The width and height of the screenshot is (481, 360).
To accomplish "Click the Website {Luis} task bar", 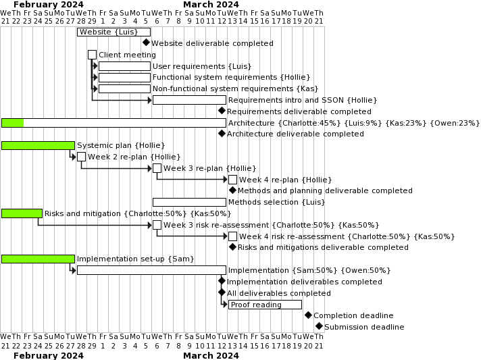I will pos(113,32).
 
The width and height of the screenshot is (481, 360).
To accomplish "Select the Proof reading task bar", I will pos(265,305).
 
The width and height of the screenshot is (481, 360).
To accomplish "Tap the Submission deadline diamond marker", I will pos(319,326).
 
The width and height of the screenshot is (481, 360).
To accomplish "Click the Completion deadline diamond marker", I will pos(308,315).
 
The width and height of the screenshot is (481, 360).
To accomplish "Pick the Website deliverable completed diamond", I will pos(146,43).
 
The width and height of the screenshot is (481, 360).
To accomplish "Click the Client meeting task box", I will pos(92,55).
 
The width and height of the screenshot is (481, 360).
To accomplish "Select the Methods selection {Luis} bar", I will pos(189,202).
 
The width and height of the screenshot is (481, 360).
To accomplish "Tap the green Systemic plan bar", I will pos(38,145).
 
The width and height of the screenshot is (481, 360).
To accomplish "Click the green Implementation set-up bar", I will pos(38,259).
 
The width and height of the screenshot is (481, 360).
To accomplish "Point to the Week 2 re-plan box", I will pos(81,157).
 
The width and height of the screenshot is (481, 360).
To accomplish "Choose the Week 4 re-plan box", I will pos(232,180).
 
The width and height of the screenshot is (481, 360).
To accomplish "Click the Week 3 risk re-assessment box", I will pos(157,225).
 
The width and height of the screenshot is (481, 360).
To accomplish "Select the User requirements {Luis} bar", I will pos(124,66).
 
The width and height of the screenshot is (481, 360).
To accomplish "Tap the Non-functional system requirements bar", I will pos(124,88).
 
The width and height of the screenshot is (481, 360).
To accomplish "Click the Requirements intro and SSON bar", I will pos(189,100).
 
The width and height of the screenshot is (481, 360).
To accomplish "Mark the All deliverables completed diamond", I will pos(221,292).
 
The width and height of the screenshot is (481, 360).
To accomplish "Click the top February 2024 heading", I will pos(49,5).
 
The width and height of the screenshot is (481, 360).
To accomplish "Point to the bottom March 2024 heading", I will pos(211,355).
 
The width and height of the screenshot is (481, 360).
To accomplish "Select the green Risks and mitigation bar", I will pos(22,213).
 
